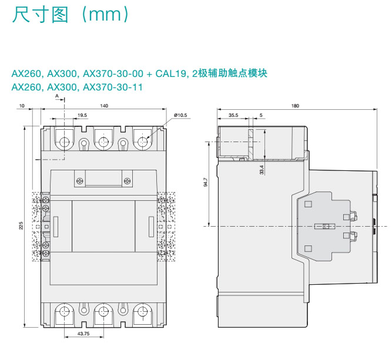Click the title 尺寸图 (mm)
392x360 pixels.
pyautogui.click(x=70, y=15)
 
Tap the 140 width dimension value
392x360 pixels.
pyautogui.click(x=103, y=106)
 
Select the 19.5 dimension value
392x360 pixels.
pyautogui.click(x=82, y=115)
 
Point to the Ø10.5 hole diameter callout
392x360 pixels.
pyautogui.click(x=180, y=115)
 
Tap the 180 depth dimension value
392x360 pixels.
pyautogui.click(x=295, y=106)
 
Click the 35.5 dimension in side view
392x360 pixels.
pyautogui.click(x=233, y=115)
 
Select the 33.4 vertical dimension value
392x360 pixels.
pyautogui.click(x=262, y=169)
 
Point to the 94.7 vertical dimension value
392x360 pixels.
pyautogui.click(x=205, y=182)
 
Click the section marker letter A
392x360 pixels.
pyautogui.click(x=57, y=95)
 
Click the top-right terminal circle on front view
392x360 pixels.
pyautogui.click(x=143, y=142)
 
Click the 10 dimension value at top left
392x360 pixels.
pyautogui.click(x=22, y=106)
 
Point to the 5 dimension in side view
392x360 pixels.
pyautogui.click(x=261, y=115)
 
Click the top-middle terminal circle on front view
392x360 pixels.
pyautogui.click(x=103, y=142)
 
